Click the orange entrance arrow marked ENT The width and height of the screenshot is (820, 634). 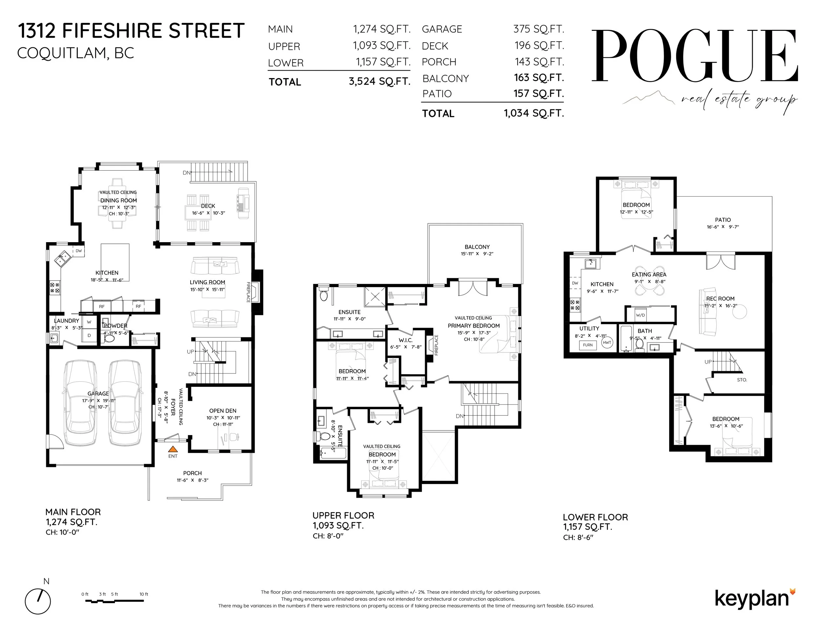point(173,449)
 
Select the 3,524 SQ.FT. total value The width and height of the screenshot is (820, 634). point(379,81)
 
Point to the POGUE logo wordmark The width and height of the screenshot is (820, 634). point(694,56)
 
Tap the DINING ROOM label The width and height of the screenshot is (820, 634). point(118,201)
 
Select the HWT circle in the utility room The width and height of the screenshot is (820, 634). point(607,343)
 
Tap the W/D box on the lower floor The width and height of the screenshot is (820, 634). point(641,315)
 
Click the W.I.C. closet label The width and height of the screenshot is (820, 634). point(405,340)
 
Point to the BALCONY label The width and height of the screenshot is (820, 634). point(477,247)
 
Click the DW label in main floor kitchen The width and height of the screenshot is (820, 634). point(78,251)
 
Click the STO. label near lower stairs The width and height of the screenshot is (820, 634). point(742,380)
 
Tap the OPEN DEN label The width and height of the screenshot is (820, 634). point(223,411)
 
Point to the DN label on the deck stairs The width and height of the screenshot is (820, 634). point(186,173)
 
